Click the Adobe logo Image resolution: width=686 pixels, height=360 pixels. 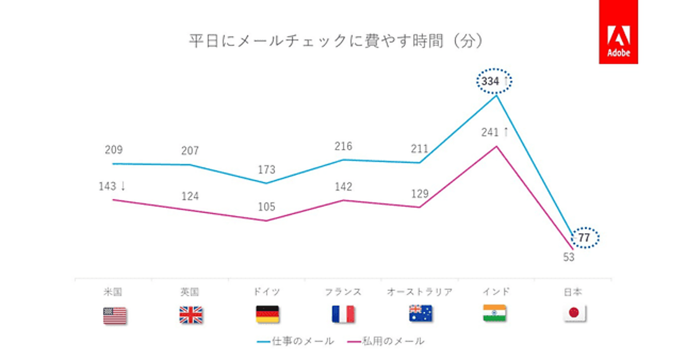tap(618, 32)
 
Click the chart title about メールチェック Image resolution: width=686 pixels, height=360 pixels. tap(337, 42)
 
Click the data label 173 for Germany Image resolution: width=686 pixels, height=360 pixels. tap(266, 170)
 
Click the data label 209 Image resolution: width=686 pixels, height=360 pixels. tap(114, 150)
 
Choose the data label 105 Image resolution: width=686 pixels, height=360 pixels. tap(266, 207)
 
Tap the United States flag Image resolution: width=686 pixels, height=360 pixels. tap(115, 315)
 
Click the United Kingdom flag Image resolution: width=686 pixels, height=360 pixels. tap(191, 315)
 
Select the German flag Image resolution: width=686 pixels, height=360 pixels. tap(267, 315)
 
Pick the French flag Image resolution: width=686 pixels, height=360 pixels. tap(343, 315)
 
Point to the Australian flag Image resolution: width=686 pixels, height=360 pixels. tap(420, 314)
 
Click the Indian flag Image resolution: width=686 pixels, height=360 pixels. tap(494, 314)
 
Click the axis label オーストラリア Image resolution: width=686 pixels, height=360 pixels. tap(420, 292)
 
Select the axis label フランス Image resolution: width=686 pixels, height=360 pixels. tap(343, 292)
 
